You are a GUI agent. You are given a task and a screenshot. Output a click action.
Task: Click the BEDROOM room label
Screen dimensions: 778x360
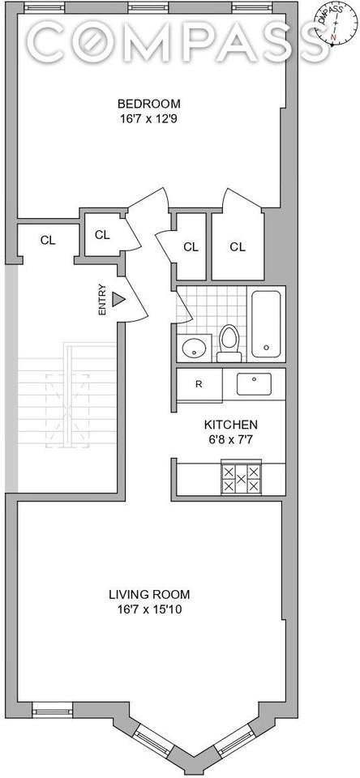click(x=148, y=104)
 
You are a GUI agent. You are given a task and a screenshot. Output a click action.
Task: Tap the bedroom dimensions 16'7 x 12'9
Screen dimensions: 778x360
click(x=148, y=118)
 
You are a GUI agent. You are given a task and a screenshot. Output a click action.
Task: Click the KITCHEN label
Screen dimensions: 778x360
click(x=230, y=425)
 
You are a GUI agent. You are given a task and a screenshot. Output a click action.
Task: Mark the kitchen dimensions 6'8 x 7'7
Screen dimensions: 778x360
click(x=230, y=439)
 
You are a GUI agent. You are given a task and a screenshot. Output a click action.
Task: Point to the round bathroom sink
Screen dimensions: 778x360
click(x=193, y=348)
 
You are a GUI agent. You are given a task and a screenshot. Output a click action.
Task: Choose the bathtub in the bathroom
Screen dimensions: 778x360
click(x=265, y=324)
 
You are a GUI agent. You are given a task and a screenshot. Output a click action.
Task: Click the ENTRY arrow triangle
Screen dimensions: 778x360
click(x=118, y=300)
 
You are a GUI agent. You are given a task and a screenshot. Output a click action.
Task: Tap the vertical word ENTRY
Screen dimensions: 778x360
click(x=102, y=299)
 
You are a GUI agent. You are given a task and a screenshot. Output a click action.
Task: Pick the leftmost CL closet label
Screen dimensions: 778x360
click(x=48, y=240)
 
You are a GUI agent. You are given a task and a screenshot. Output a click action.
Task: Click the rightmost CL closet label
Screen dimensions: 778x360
click(x=237, y=246)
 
